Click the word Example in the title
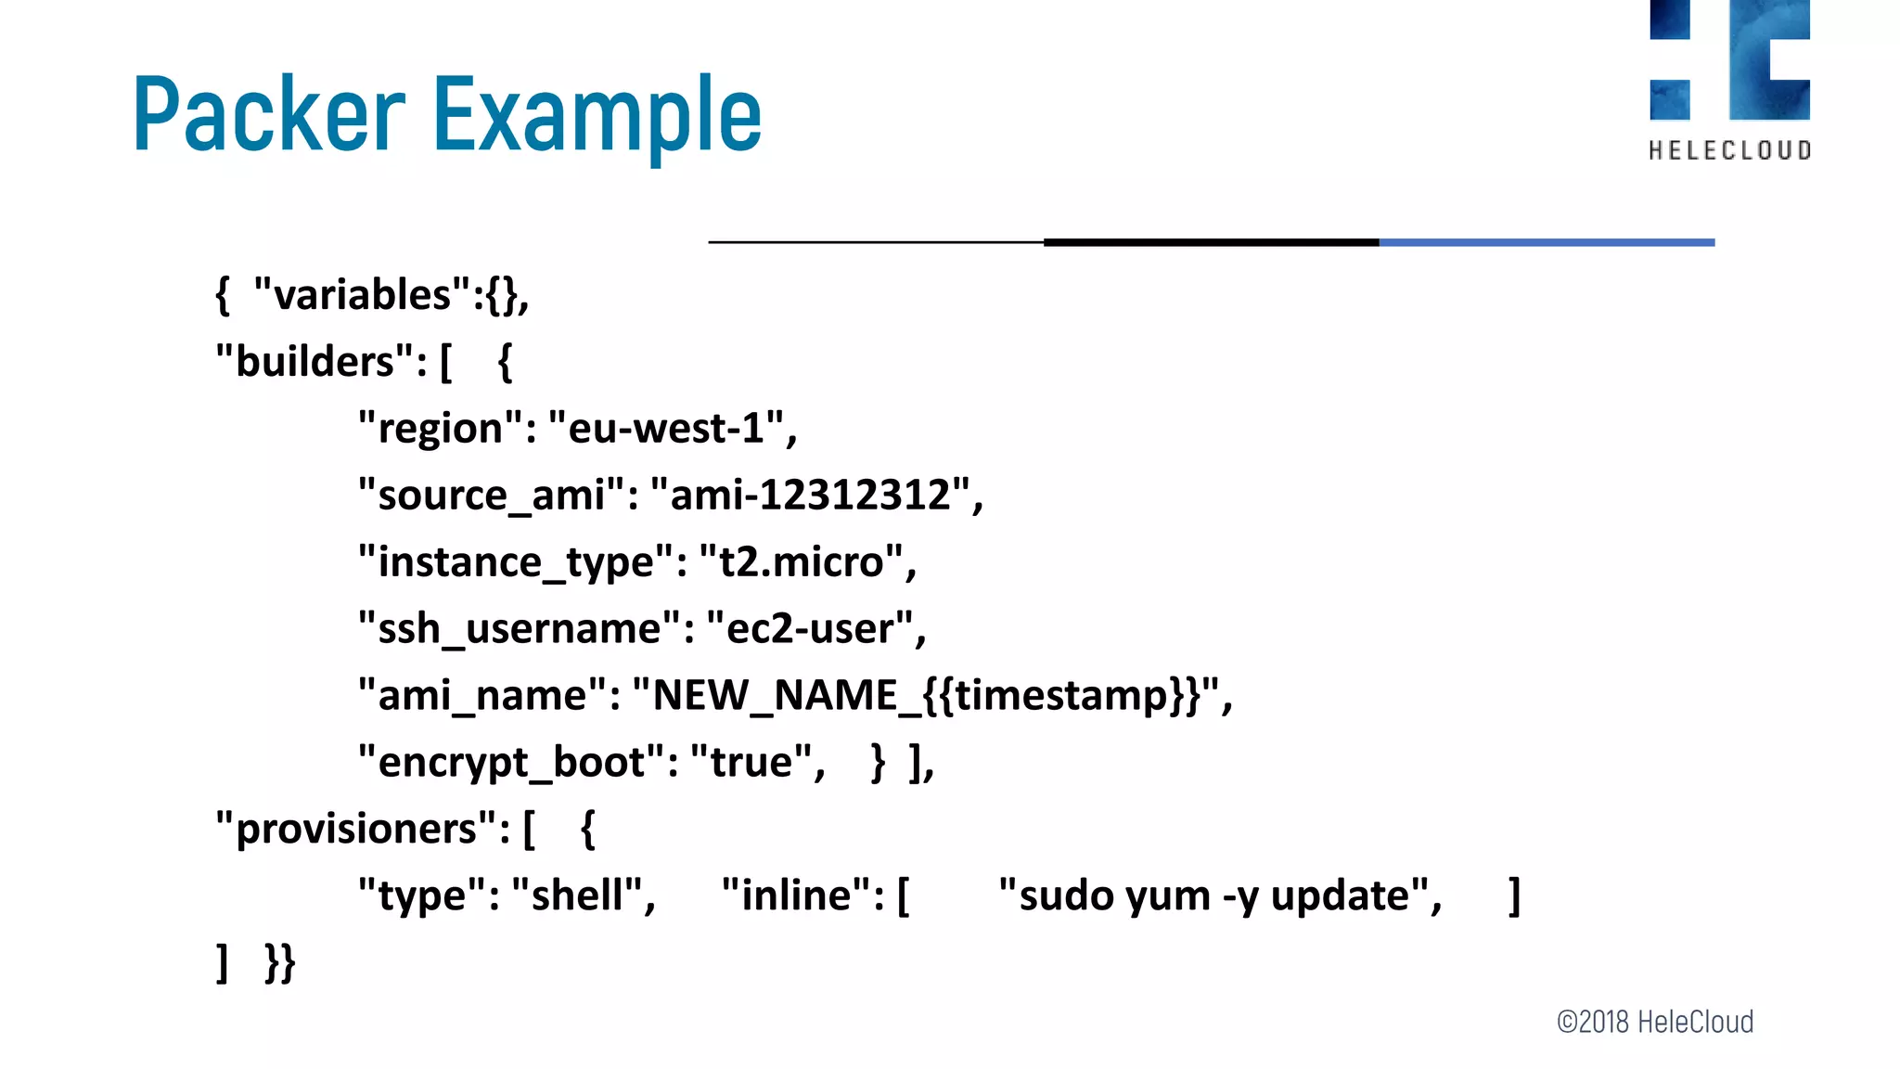[x=597, y=115]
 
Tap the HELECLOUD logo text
[x=1729, y=150]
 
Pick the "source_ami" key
[x=492, y=496]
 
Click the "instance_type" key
[x=516, y=562]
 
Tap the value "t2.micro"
[x=802, y=562]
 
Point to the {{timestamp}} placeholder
[x=1063, y=695]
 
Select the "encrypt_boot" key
[x=511, y=763]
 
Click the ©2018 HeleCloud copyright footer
[x=1655, y=1022]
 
